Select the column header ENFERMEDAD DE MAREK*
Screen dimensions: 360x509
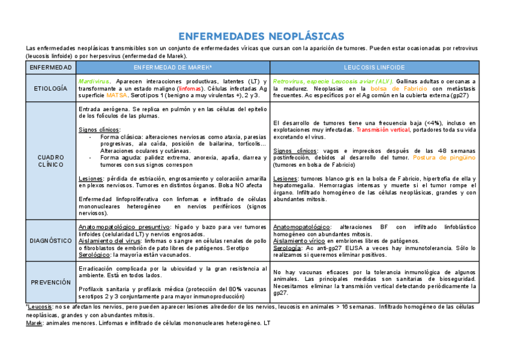(x=172, y=67)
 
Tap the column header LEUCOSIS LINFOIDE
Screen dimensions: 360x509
(x=375, y=67)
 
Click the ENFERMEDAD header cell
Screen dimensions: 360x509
(x=51, y=67)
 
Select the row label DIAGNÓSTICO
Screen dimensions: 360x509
(x=51, y=241)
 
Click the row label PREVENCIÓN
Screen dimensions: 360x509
(x=51, y=282)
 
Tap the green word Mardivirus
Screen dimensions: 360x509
(x=94, y=81)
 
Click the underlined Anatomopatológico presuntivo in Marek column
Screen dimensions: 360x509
(x=124, y=227)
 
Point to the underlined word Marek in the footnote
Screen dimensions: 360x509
(x=34, y=323)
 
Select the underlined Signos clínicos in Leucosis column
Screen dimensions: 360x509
(x=294, y=151)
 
